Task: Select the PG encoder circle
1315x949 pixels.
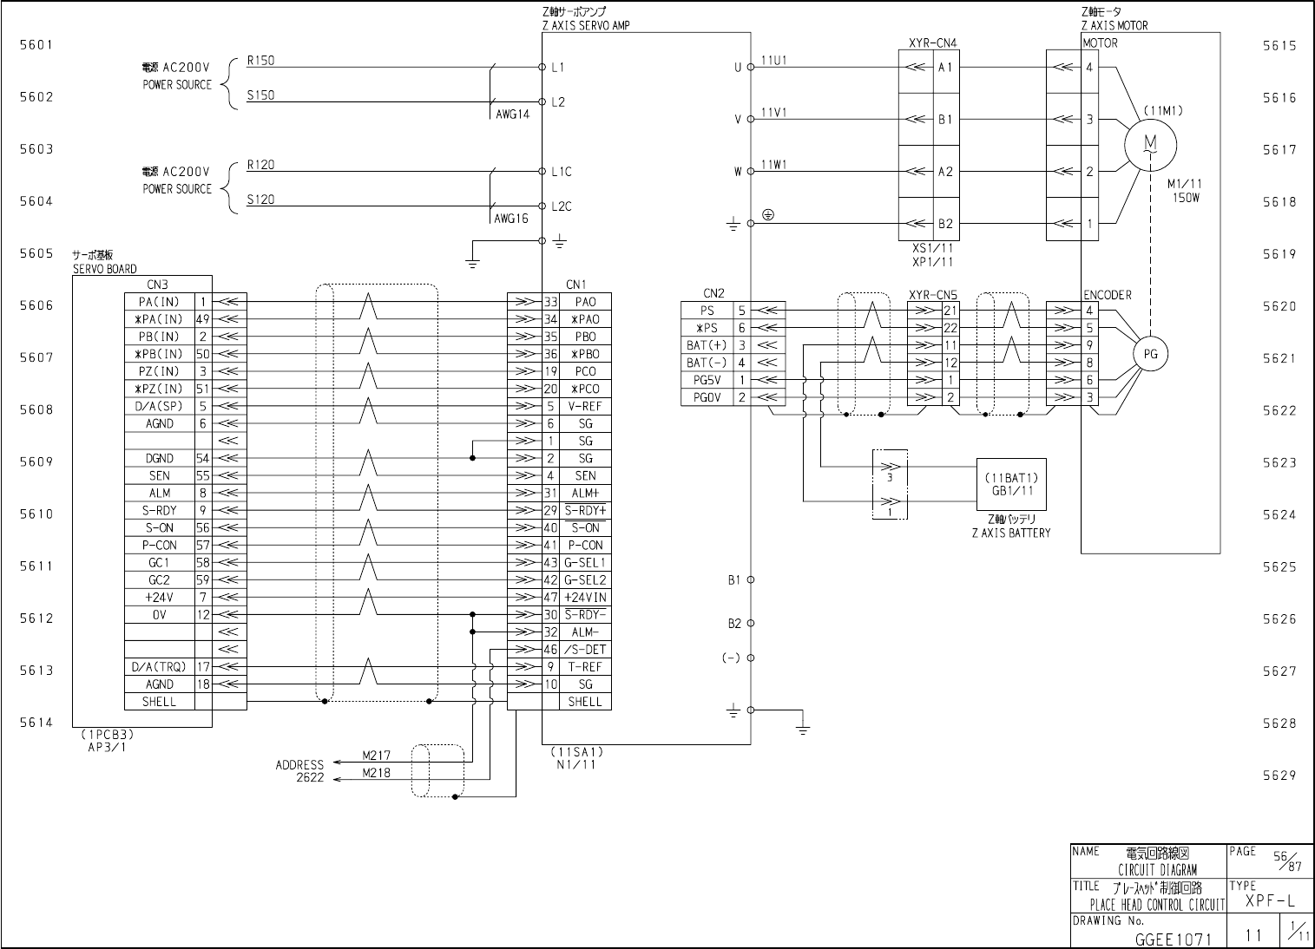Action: [1151, 354]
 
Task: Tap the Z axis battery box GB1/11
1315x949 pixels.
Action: [1010, 484]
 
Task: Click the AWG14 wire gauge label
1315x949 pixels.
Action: [512, 115]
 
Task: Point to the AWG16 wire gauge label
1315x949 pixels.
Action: [511, 219]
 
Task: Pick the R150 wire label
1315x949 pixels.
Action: [260, 61]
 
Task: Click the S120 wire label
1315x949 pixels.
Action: [260, 200]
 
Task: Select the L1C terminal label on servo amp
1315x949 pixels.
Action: [562, 172]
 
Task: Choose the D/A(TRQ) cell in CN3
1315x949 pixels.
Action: [159, 667]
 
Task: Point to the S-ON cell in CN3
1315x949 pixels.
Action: [160, 527]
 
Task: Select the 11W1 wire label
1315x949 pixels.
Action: [773, 165]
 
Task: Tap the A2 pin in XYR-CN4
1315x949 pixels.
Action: [945, 172]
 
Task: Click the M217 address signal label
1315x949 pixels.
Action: [376, 756]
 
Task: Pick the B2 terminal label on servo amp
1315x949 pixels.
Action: [734, 623]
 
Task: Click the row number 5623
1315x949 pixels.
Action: [1279, 462]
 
